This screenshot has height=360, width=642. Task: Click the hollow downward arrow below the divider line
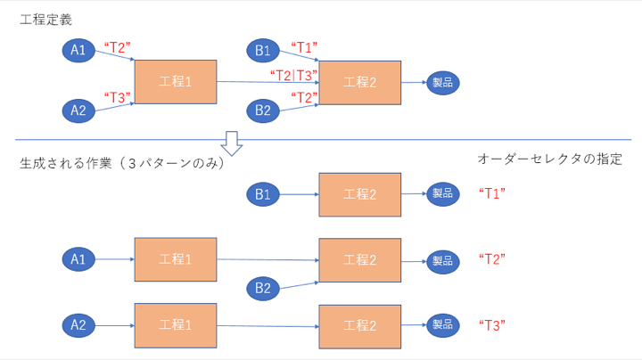(232, 143)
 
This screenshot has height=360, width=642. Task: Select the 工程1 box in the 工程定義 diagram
(176, 82)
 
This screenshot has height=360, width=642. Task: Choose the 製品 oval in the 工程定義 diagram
(443, 82)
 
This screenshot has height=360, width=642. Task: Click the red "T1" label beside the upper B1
(304, 45)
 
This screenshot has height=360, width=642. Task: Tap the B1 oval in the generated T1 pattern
(264, 192)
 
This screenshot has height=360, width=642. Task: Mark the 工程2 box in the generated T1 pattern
(359, 194)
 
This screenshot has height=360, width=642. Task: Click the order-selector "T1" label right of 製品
(492, 192)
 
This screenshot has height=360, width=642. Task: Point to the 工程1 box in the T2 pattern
(176, 259)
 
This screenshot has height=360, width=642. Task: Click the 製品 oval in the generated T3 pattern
(443, 324)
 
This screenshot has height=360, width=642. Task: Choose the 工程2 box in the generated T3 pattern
(359, 325)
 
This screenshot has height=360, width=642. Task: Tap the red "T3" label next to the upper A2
(119, 96)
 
